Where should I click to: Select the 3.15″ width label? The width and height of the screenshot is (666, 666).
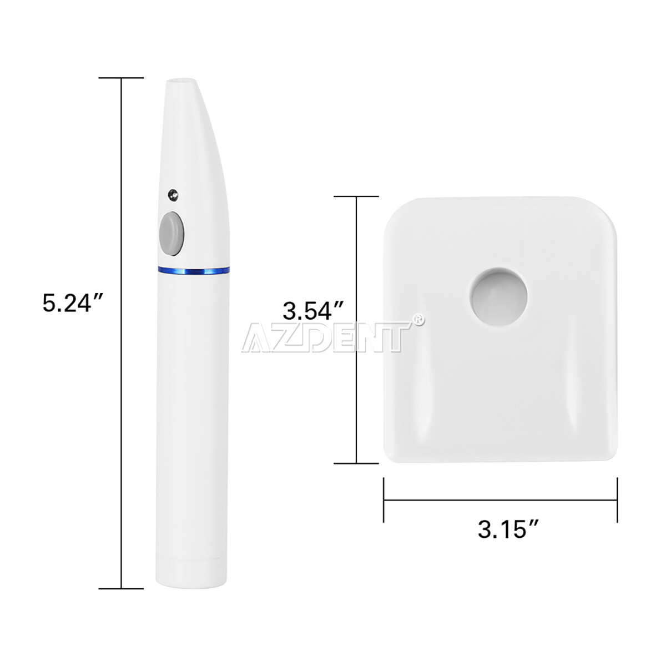pos(509,529)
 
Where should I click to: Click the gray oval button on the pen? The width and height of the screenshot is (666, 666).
pos(171,234)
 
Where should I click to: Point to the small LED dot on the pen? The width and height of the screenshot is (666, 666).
pos(173,194)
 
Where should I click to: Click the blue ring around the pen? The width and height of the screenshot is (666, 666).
pos(193,271)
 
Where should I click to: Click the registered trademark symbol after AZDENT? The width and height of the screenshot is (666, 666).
pos(418,320)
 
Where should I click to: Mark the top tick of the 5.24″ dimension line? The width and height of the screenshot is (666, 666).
pos(121,78)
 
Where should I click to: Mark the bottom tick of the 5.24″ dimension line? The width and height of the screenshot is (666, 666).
pos(121,588)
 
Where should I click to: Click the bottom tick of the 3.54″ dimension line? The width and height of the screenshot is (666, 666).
pos(356,462)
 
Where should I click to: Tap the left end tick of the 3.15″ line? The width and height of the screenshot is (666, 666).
pos(384,500)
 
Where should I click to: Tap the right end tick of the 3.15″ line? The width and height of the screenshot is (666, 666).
pos(617,500)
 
